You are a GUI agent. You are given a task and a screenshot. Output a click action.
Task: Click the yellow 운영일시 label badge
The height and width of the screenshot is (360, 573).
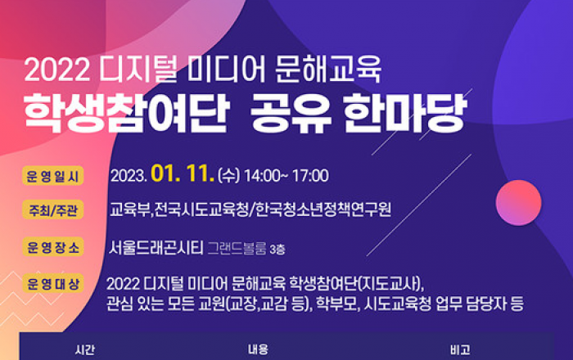pos(53,176)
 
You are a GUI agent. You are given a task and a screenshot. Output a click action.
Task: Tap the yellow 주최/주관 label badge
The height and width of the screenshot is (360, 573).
pos(53,210)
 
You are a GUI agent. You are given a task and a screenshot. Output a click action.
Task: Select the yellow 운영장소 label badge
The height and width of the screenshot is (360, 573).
pos(53,247)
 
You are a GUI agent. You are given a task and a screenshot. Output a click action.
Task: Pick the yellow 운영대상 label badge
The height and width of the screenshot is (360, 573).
pos(53,283)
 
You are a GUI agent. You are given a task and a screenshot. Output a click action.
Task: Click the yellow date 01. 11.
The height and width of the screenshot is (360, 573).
pos(183,173)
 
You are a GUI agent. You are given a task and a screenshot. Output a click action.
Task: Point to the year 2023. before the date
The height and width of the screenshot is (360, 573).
pos(129,176)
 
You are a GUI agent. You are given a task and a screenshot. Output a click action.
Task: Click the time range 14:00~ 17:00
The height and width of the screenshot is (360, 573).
pos(286,176)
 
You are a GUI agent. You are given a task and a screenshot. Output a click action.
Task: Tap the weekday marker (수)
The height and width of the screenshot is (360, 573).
pos(228,176)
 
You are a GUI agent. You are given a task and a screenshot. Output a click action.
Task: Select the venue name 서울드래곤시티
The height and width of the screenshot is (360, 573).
pos(156,248)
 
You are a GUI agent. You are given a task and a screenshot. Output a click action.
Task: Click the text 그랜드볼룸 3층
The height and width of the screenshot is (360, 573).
pos(246,249)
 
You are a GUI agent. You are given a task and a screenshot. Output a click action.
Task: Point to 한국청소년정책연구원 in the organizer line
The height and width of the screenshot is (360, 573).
pos(323,209)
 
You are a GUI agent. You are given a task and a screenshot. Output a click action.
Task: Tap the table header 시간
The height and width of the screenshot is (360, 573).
pos(85,350)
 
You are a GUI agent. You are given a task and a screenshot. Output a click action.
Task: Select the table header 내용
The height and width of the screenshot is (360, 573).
pos(258,350)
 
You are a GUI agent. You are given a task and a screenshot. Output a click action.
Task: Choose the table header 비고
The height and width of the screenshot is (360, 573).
pos(460,350)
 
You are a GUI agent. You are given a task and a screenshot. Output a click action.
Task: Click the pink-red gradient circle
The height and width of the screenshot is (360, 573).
pos(518,203)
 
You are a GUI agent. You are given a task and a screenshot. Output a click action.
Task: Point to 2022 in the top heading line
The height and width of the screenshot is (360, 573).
pos(57,70)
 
